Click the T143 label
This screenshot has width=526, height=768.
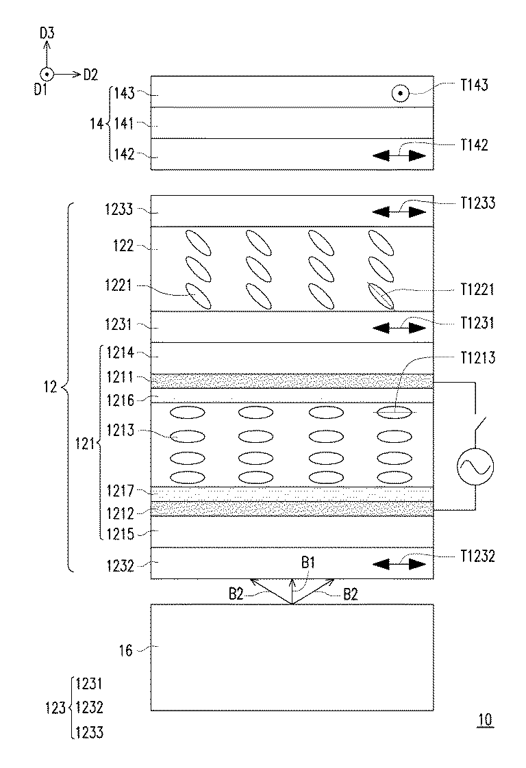click(474, 86)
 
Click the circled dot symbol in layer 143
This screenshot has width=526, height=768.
click(401, 94)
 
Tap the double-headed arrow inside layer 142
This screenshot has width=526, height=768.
click(399, 156)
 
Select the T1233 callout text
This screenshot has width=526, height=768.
click(477, 203)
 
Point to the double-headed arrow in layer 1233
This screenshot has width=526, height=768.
click(399, 212)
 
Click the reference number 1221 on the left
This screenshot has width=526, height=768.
click(118, 285)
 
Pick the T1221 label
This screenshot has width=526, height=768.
click(477, 290)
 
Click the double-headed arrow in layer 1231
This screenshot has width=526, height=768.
click(399, 328)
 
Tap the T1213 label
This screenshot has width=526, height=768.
click(477, 358)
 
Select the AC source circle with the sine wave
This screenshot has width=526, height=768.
click(475, 467)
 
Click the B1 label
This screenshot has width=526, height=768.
click(308, 563)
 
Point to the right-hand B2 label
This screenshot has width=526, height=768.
click(350, 595)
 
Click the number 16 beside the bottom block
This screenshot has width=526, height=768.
click(126, 650)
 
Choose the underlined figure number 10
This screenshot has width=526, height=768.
click(485, 720)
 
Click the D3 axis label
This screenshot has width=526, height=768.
click(47, 34)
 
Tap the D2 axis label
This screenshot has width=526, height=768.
click(90, 75)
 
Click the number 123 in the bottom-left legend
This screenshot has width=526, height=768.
click(55, 708)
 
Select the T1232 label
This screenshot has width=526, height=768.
click(477, 556)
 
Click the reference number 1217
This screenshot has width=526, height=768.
click(120, 490)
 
